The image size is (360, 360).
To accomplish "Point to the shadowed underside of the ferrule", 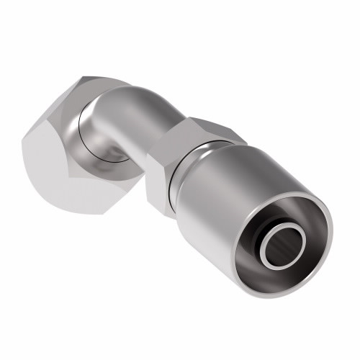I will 230,245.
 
